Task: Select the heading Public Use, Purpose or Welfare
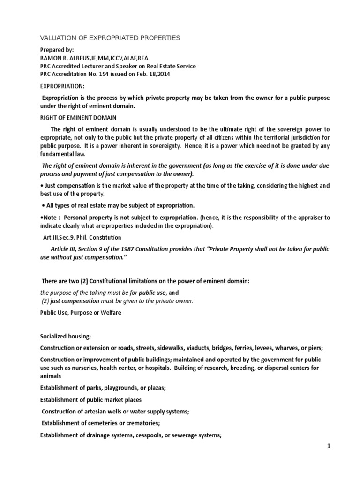point(80,313)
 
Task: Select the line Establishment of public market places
point(90,400)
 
